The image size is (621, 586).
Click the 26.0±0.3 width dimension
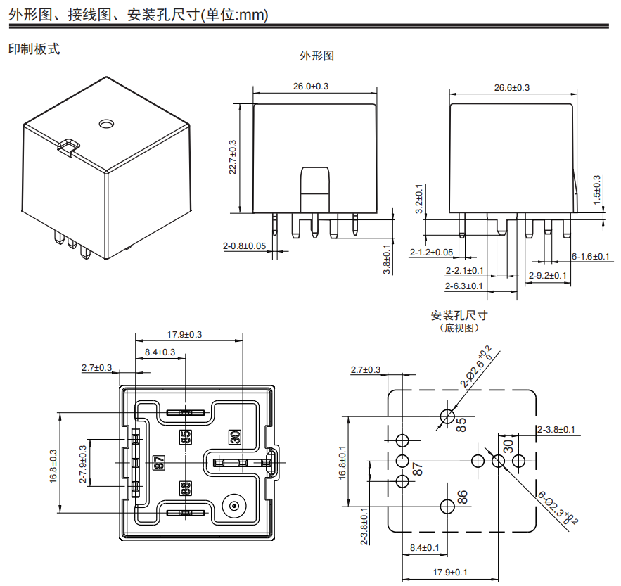coord(312,86)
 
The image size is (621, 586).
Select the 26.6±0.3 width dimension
coord(511,87)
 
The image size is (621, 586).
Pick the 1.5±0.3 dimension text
coord(597,190)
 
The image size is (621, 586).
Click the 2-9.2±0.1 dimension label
coord(548,275)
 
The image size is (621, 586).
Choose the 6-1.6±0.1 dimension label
coord(590,256)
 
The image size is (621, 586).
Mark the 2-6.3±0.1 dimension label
coord(463,286)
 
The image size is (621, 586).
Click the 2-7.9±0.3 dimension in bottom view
coord(84,464)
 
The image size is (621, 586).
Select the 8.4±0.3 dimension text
coord(160,352)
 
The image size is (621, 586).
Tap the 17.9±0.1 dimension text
coord(450,572)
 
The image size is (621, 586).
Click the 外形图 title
coord(316,56)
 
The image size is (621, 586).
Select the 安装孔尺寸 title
coord(459,315)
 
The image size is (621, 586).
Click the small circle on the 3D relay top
coord(106,124)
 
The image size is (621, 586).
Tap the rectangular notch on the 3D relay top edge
coord(68,146)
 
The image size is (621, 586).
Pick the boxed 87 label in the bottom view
coord(159,462)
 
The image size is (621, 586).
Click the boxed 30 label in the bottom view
coord(235,437)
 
